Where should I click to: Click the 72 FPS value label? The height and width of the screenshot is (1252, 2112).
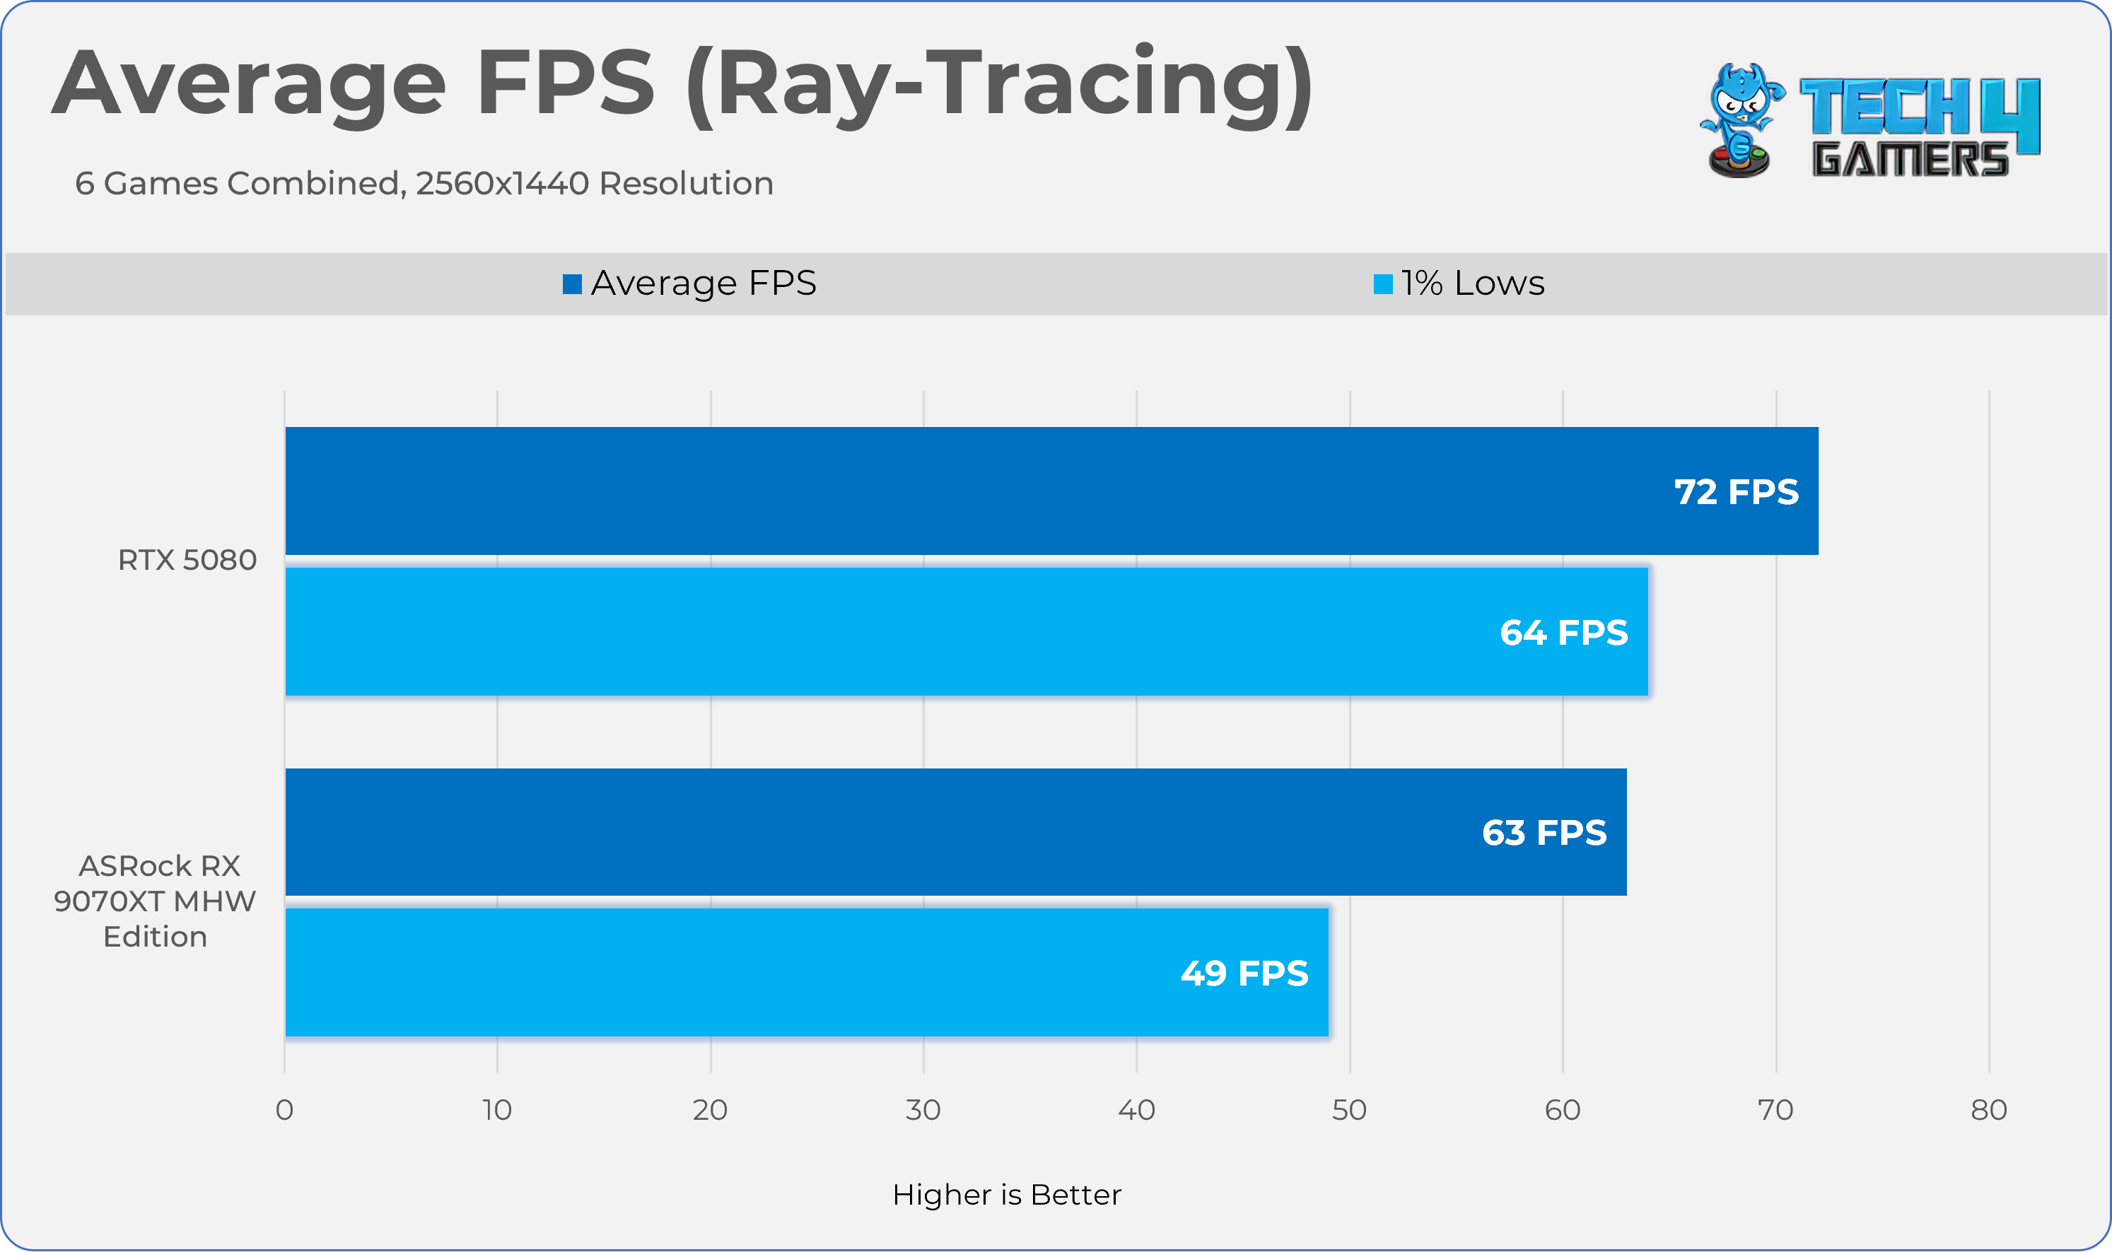tap(1737, 492)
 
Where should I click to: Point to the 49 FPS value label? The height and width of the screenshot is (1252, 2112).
tap(1244, 973)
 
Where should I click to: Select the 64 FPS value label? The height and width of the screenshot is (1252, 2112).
tap(1563, 633)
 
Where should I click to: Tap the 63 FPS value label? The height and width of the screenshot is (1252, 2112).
tap(1544, 833)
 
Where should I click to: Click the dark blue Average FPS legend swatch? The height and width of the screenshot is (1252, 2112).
tap(572, 284)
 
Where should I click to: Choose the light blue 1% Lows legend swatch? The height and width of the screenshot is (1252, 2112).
tap(1383, 284)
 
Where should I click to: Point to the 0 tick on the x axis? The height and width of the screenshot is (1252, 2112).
tap(284, 1109)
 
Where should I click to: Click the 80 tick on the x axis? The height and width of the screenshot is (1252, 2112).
tap(1989, 1109)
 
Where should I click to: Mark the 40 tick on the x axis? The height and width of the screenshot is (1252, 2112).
tap(1136, 1109)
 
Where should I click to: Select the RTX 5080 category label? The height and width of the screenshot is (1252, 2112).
tap(187, 560)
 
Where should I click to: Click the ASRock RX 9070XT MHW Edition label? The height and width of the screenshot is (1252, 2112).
tap(156, 901)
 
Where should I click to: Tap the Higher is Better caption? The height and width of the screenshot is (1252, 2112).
tap(1007, 1195)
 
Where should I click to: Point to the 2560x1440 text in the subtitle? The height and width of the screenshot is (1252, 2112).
tap(502, 183)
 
